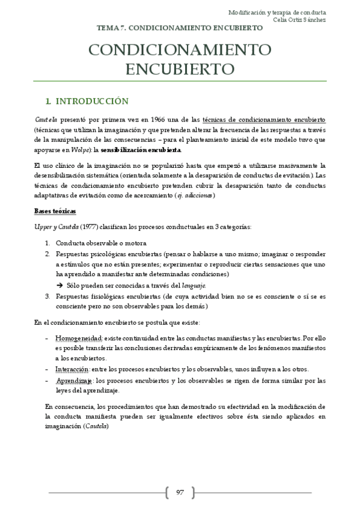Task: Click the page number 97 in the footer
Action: coord(180,493)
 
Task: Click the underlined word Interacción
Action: coord(73,369)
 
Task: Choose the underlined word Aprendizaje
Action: coord(75,381)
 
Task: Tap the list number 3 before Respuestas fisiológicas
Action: coord(47,296)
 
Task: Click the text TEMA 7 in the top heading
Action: coord(109,28)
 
